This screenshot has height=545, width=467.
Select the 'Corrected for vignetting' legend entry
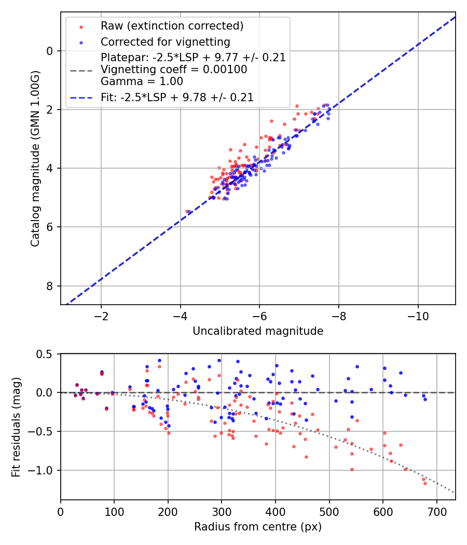click(165, 42)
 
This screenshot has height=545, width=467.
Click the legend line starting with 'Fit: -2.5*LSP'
click(177, 97)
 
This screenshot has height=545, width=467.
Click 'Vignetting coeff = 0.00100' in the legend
click(174, 70)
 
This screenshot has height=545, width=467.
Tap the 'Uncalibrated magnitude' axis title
click(258, 331)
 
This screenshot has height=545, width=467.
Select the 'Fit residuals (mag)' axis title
click(16, 426)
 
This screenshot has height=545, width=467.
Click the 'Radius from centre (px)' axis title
click(258, 527)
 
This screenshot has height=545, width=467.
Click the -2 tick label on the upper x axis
click(101, 317)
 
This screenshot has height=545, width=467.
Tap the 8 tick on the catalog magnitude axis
click(50, 286)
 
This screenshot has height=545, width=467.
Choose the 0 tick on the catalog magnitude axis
click(50, 51)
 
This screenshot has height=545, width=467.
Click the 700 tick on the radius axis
click(436, 512)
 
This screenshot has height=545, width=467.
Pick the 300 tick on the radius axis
click(222, 512)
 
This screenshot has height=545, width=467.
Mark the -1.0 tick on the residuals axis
click(44, 470)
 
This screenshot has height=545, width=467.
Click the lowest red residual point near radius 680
click(425, 483)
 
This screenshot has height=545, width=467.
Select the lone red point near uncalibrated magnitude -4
click(187, 211)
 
